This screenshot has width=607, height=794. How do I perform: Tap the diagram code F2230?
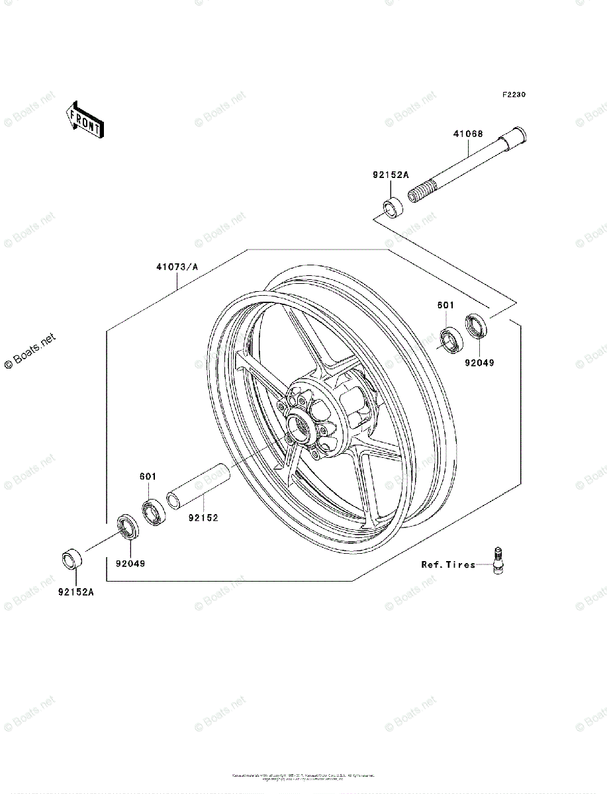(514, 95)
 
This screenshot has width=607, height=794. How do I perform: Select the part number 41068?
(468, 134)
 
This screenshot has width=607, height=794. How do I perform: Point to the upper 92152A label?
(391, 175)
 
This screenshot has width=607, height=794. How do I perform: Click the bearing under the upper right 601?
(453, 338)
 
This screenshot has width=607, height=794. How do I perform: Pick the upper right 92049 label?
(479, 363)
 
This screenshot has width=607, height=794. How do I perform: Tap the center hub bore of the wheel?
(299, 428)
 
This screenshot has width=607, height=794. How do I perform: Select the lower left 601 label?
(148, 476)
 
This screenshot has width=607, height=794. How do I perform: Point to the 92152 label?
(203, 518)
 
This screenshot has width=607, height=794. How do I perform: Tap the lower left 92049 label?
(130, 564)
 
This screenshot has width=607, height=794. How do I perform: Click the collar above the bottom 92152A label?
(72, 559)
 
